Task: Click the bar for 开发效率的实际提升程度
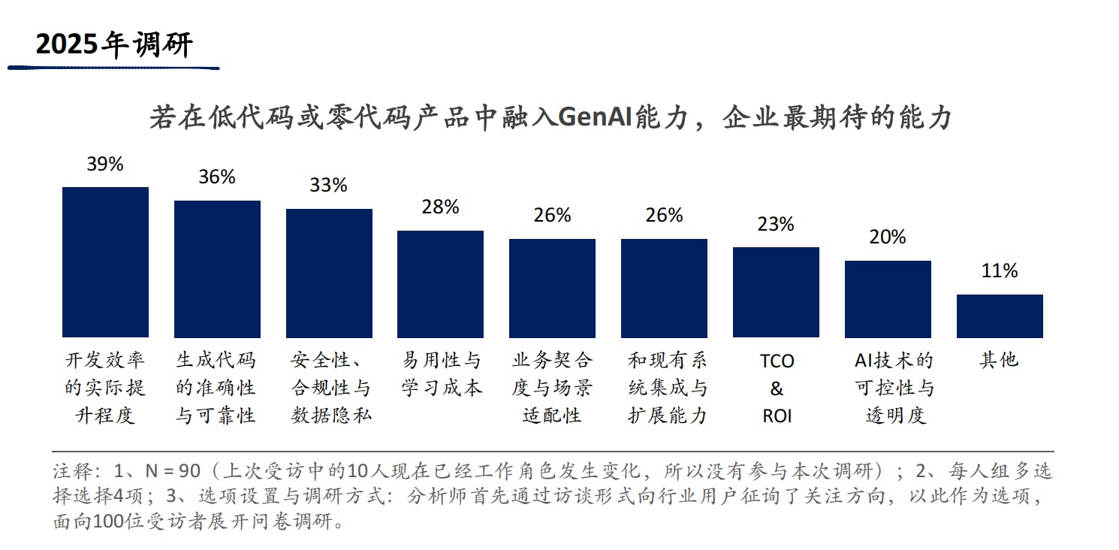tap(105, 261)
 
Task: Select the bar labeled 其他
tap(1000, 316)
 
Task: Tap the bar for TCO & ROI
tap(776, 292)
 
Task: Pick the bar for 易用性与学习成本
tap(440, 283)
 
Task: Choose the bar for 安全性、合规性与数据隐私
tap(329, 273)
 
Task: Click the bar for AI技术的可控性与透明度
tap(888, 298)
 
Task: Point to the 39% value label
tap(105, 165)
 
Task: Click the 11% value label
tap(1000, 271)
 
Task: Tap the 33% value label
tap(329, 186)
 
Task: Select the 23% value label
tap(776, 225)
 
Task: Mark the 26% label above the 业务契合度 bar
tap(552, 216)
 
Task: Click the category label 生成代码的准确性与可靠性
tap(216, 388)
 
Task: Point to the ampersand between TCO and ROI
tap(777, 388)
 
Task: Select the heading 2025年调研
tap(115, 46)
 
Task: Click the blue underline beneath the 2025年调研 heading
tap(113, 68)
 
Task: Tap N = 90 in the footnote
tap(172, 472)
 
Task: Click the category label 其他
tap(999, 361)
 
